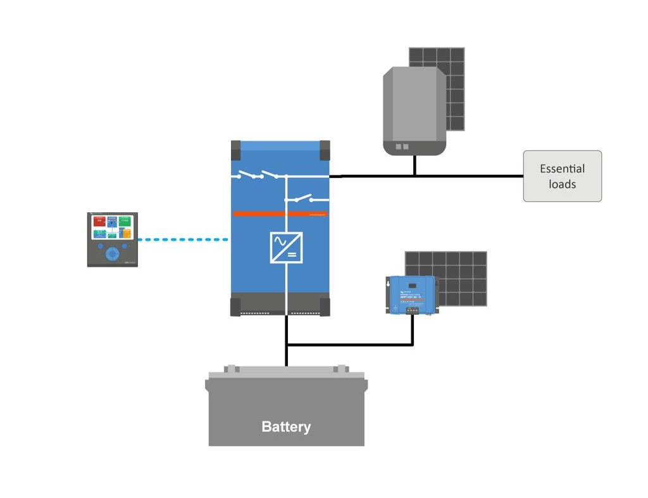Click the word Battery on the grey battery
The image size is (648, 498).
pos(286,426)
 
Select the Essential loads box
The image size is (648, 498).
pos(562,176)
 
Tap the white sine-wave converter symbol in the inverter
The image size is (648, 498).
pos(286,248)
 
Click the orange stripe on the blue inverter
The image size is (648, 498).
pos(280,214)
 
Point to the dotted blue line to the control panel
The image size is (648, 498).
pos(183,239)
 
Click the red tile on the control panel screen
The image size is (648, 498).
pos(99,221)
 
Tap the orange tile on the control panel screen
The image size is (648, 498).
pos(127,234)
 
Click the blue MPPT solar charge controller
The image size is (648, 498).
pos(411,293)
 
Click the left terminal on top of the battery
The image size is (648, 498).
pos(232,369)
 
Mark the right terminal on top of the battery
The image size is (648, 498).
pos(342,369)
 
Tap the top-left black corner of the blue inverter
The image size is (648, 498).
pos(236,150)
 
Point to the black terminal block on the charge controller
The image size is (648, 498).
pos(412,310)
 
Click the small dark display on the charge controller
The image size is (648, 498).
pos(412,284)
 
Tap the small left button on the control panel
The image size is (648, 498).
pos(100,246)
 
